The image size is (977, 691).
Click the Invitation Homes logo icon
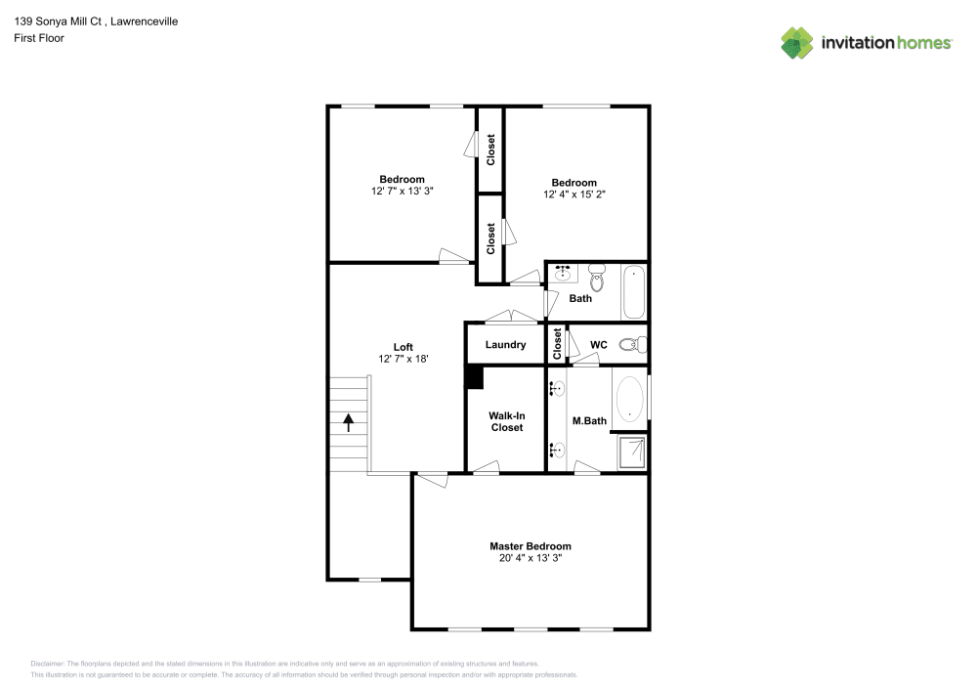click(796, 42)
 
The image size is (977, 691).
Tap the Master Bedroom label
click(530, 546)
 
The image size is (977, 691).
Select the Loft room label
click(403, 347)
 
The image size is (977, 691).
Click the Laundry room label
click(505, 345)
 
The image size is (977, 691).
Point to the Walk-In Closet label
click(506, 421)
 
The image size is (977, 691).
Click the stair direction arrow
click(348, 422)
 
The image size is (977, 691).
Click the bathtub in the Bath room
click(634, 291)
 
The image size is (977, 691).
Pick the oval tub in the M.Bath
click(630, 398)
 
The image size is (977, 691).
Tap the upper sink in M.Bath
click(557, 389)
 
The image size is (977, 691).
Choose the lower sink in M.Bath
click(557, 450)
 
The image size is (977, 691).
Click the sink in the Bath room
click(564, 274)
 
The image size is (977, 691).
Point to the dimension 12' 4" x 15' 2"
click(573, 194)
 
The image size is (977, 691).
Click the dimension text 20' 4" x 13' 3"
click(530, 558)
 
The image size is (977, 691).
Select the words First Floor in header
click(39, 38)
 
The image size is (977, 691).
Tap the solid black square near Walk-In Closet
click(474, 377)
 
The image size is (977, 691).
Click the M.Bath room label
click(589, 421)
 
